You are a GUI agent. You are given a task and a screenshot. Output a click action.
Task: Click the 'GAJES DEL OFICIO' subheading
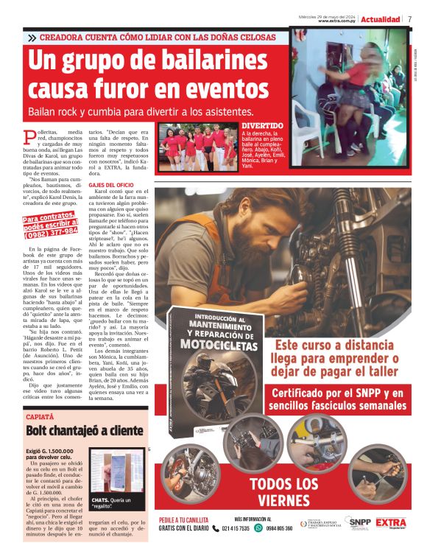click(x=111, y=184)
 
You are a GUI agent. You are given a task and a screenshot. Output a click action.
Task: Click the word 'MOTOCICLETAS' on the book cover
click(x=219, y=343)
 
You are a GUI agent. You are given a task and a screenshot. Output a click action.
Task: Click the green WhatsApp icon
click(x=258, y=528)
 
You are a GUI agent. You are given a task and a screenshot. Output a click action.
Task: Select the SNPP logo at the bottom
click(x=360, y=522)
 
